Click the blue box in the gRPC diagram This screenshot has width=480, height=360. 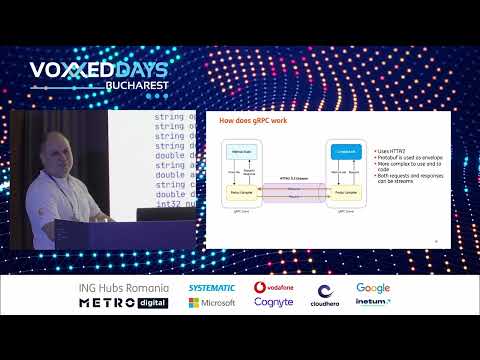343,152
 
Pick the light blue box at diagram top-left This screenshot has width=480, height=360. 240,152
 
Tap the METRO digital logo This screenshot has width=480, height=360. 123,303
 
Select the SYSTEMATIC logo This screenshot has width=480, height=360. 211,288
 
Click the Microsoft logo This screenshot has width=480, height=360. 212,303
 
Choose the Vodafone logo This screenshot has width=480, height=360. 273,288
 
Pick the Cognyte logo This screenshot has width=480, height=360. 273,302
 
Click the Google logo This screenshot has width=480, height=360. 373,288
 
